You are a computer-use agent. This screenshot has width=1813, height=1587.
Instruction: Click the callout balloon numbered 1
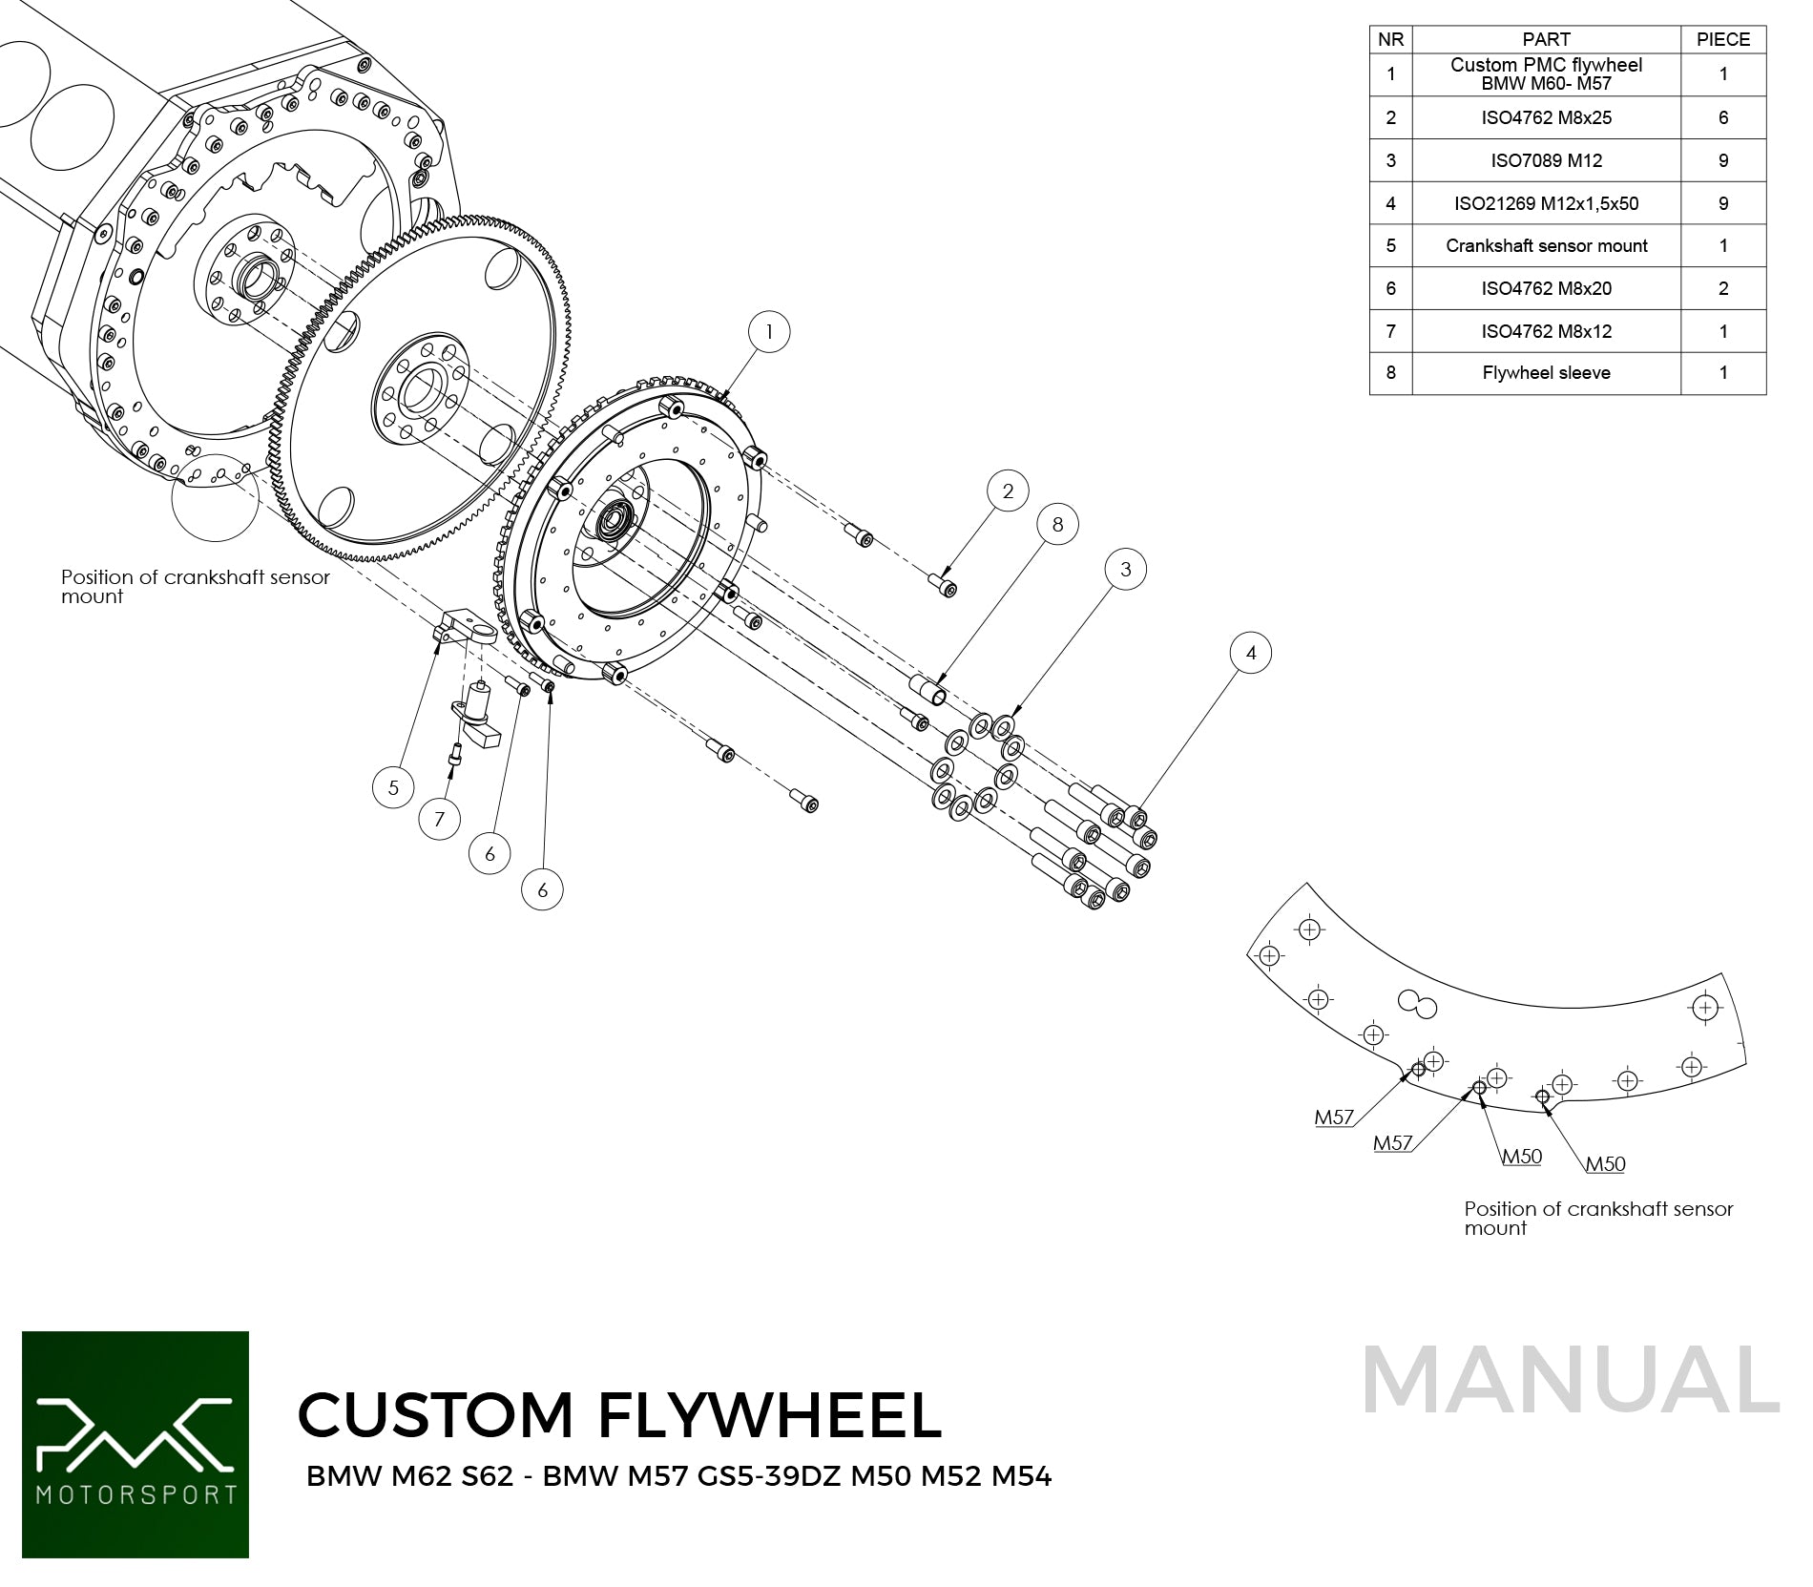pos(769,332)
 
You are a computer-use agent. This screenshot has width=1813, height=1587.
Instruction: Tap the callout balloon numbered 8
pos(1057,524)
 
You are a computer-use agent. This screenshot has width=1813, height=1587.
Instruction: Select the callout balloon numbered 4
pos(1251,653)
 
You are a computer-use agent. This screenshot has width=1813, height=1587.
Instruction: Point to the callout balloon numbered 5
pos(393,787)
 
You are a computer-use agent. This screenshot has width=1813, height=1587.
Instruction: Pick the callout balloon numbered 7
pos(439,819)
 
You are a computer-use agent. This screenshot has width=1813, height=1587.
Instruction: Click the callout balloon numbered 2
pos(1008,491)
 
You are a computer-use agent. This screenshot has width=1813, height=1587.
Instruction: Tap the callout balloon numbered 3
pos(1126,569)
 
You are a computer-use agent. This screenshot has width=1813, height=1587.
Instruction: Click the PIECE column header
pos(1722,39)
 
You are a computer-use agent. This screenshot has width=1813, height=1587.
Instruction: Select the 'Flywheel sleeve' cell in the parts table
pos(1546,373)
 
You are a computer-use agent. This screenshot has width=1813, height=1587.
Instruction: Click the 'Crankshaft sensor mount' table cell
pos(1546,245)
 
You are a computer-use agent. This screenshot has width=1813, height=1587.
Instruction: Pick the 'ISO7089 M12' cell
pos(1546,160)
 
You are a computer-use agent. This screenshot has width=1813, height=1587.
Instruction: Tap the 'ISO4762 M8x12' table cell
pos(1546,331)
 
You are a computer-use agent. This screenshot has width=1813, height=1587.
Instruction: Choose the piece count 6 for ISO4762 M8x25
pos(1722,117)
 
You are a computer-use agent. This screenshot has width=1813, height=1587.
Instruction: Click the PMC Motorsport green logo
pos(135,1444)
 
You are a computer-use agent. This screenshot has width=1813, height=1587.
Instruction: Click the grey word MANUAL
pos(1571,1380)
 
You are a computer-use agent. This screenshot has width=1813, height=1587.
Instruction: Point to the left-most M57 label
pos(1334,1117)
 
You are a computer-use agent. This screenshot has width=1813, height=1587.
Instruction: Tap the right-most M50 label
pos(1605,1164)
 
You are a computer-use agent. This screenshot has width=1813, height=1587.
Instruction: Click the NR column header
pos(1390,39)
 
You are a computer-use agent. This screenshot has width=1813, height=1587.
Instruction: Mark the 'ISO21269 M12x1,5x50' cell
pos(1546,203)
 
